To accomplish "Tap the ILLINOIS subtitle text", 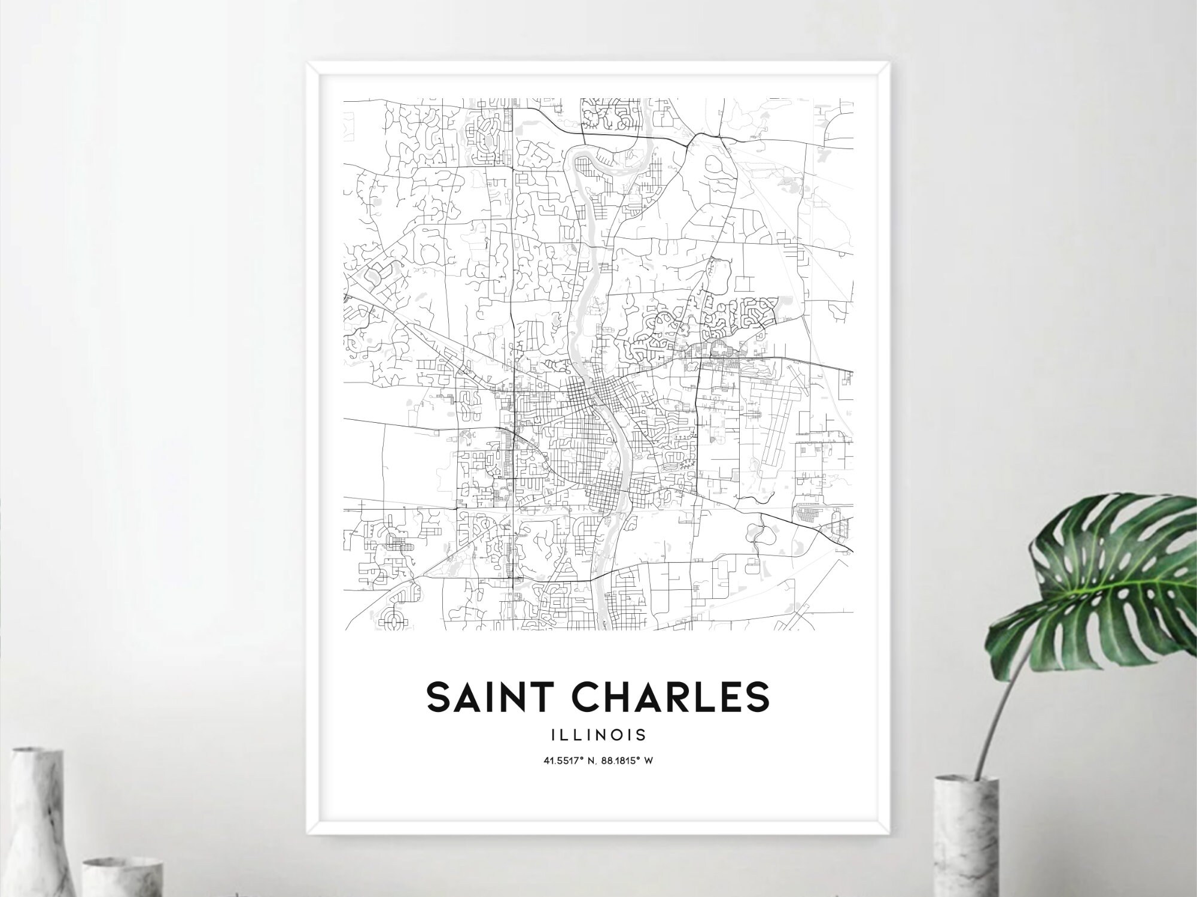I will (x=598, y=734).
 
